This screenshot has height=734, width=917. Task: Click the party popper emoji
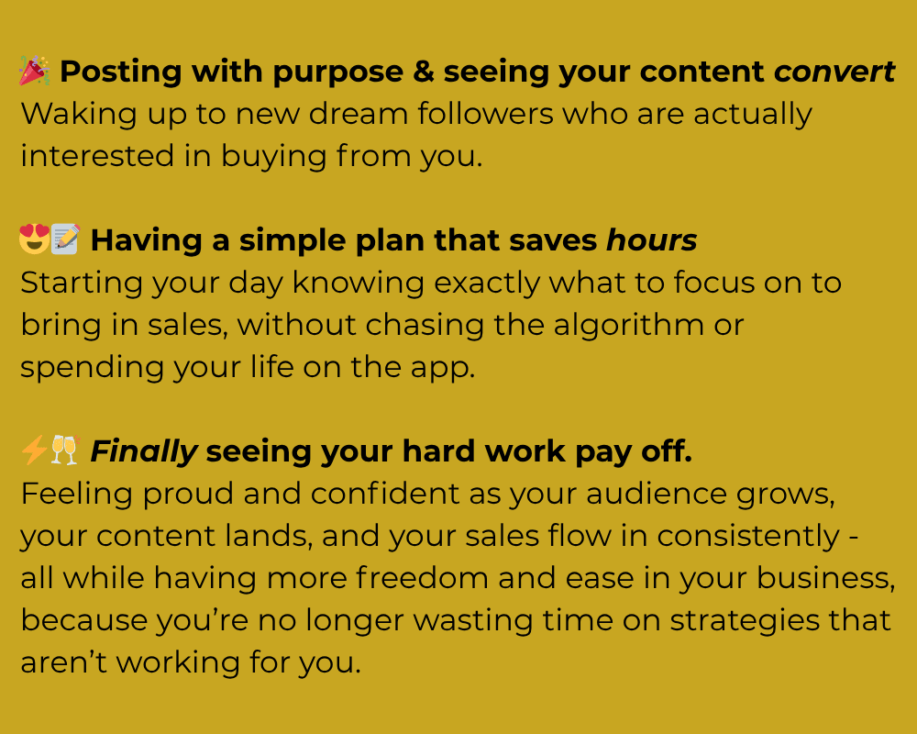coord(35,71)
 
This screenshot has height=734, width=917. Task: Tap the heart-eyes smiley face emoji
coord(35,239)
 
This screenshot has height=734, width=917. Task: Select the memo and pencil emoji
coord(65,239)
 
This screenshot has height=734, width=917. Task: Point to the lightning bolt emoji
coord(34,450)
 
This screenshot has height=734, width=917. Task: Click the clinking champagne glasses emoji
coord(65,450)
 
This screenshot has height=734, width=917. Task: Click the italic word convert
coord(834,72)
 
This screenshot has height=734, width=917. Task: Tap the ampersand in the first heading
coord(424,72)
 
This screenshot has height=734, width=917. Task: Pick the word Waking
coord(79,115)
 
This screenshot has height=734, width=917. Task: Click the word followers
coord(485,114)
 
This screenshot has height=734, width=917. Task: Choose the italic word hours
coord(651,240)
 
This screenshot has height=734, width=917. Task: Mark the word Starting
coord(82,284)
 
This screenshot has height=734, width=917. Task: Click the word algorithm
coord(629,326)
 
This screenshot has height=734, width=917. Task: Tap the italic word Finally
coord(144,452)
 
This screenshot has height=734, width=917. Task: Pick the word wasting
coord(473,621)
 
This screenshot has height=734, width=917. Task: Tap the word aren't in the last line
coord(64,662)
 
